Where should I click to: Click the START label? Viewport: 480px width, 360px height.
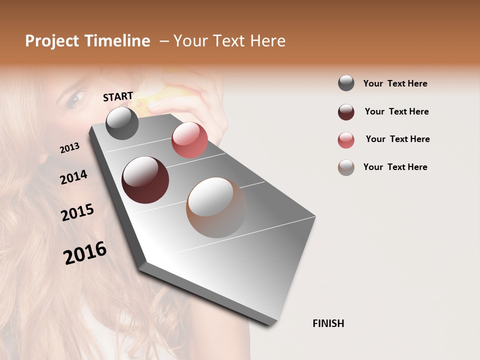[x=118, y=96]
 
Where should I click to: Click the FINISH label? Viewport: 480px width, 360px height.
[x=328, y=323]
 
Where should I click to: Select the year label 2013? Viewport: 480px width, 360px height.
[x=69, y=148]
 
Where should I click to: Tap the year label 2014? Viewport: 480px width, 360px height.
[x=73, y=177]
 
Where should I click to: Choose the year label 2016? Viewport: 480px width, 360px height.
[x=85, y=253]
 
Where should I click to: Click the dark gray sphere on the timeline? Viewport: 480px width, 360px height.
[x=122, y=123]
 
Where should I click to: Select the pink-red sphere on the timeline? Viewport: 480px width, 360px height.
[x=189, y=139]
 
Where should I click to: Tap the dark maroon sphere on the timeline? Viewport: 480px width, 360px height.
[x=145, y=180]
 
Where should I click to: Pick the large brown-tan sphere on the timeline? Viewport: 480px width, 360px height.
[x=216, y=207]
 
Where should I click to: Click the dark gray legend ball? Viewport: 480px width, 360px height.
[x=346, y=83]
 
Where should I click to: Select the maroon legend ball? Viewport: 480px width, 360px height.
[x=346, y=112]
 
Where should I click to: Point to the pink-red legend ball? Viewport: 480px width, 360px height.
[x=346, y=140]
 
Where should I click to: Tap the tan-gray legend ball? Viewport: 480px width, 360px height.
[x=346, y=167]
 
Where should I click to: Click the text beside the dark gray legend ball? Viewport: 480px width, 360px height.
[x=395, y=83]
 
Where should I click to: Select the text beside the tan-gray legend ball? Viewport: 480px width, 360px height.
[x=395, y=167]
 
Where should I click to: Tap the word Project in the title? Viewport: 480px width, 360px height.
[x=51, y=41]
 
